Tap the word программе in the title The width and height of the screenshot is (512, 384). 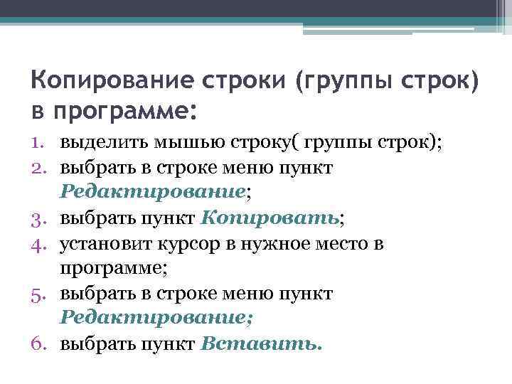tap(122, 111)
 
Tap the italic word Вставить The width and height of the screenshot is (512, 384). tap(262, 343)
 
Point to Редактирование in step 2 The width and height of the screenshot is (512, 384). tap(153, 191)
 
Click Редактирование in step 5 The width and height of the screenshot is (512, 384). tap(153, 317)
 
